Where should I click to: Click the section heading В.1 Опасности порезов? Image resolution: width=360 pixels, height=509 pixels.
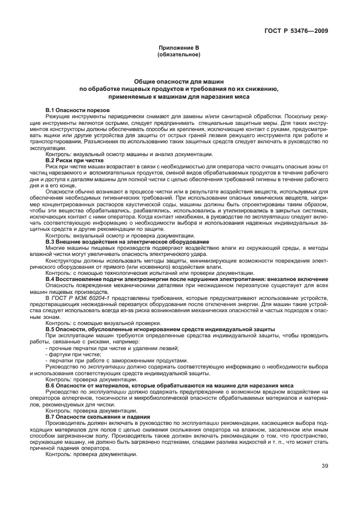[x=77, y=110]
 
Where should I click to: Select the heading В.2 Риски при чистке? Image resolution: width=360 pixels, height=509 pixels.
[x=74, y=160]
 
